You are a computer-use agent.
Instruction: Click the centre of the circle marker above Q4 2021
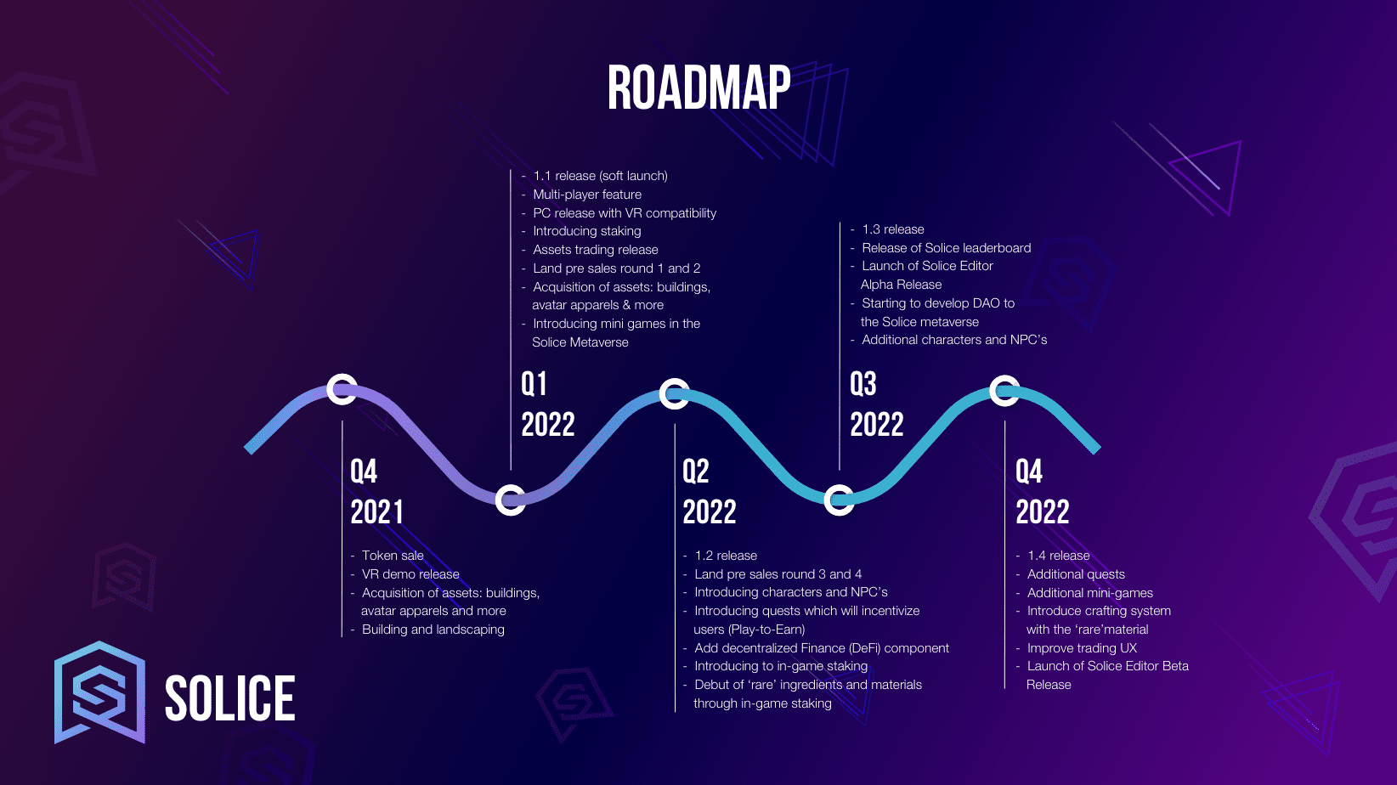342,390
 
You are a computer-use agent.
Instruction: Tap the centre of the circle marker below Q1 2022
510,500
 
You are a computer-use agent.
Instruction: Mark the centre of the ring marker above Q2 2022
674,394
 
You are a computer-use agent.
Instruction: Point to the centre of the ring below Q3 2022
839,500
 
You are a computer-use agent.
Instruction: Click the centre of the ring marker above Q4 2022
1004,391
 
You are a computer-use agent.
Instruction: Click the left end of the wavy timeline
248,449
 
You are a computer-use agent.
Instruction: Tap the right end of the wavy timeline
1096,449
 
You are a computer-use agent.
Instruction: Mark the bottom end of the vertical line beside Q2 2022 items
675,711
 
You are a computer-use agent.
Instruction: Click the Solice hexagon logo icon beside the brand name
99,692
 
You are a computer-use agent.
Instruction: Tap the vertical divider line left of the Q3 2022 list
840,346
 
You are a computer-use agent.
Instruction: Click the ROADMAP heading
699,88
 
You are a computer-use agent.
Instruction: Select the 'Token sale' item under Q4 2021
393,556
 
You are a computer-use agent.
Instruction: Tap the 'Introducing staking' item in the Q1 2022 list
587,231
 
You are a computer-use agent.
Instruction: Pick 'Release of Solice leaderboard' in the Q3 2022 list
946,248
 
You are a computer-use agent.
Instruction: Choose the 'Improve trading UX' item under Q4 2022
1082,648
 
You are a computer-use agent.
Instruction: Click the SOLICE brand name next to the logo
229,698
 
